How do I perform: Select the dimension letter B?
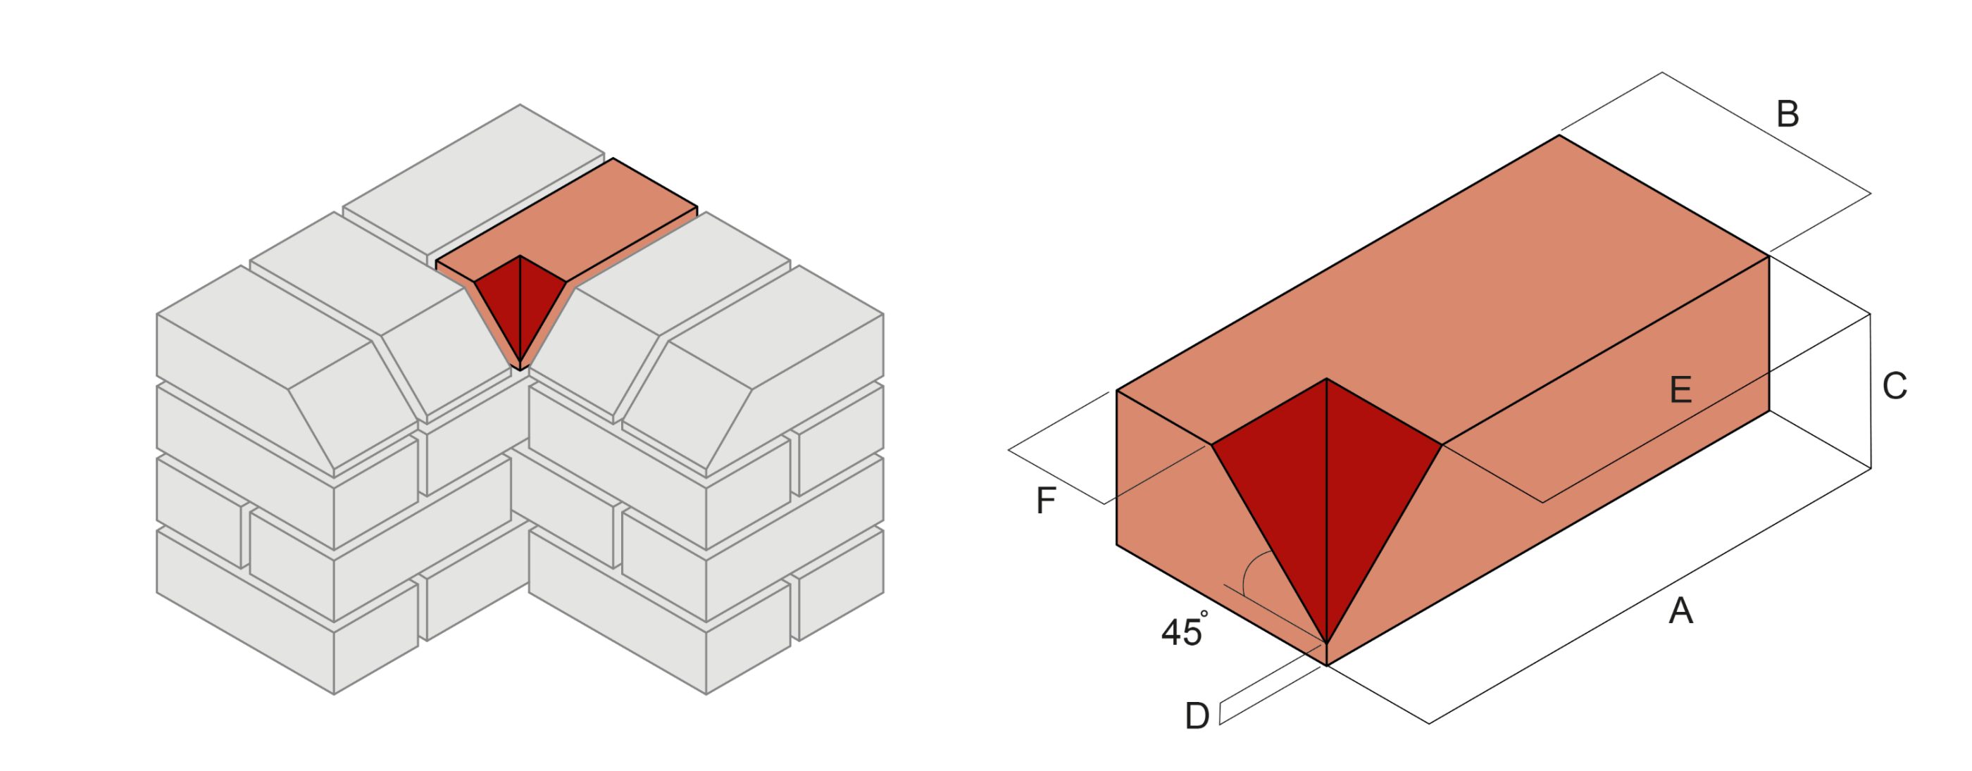1787,115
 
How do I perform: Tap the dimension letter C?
1894,387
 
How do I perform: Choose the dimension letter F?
1046,501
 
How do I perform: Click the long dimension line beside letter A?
1646,597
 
